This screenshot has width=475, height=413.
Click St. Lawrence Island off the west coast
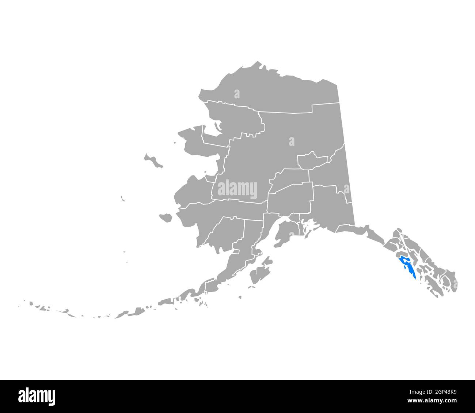[x=153, y=161]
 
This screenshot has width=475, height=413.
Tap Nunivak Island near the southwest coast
[x=166, y=218]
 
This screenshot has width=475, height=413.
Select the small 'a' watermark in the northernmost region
[x=237, y=94]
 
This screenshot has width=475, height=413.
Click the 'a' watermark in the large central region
[x=291, y=141]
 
